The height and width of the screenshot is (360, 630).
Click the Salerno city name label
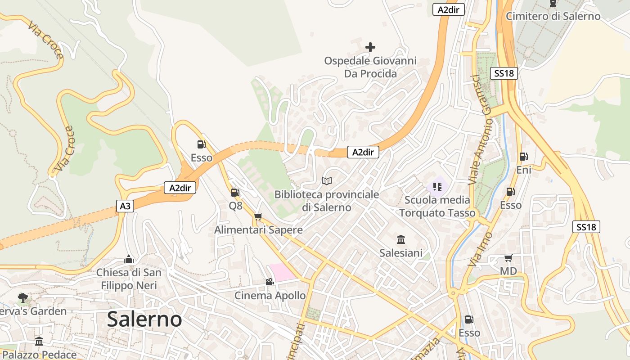click(144, 319)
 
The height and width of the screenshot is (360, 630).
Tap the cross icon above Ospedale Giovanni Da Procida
click(370, 47)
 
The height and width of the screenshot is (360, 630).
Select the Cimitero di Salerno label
click(553, 16)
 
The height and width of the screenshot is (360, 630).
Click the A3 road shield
click(125, 206)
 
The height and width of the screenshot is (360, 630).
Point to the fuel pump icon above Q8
click(235, 193)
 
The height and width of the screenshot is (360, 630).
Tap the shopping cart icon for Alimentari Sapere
click(258, 217)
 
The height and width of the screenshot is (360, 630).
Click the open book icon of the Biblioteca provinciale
click(327, 181)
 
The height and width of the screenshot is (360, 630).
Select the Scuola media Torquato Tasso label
click(437, 206)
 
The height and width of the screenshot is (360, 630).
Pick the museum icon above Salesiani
click(401, 239)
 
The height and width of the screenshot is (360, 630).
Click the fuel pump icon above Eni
click(523, 157)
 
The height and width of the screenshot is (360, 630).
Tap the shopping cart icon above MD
click(508, 258)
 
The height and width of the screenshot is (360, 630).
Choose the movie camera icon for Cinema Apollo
click(270, 282)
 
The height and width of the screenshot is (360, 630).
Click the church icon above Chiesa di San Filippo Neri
click(129, 259)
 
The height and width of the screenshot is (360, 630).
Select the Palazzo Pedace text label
click(40, 355)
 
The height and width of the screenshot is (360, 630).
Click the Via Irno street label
click(480, 249)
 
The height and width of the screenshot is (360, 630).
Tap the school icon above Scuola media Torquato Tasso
click(437, 186)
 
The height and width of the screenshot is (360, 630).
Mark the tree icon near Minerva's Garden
click(22, 297)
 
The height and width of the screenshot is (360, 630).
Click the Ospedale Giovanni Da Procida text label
click(370, 67)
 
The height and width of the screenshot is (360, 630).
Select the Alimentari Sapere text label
click(258, 230)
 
